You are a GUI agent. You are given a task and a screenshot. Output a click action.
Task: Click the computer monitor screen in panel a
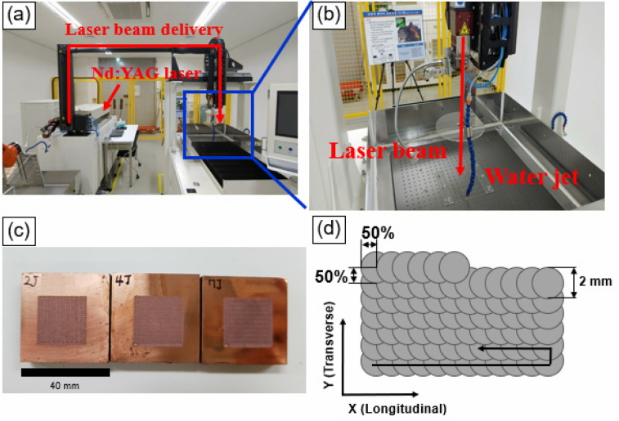(287, 114)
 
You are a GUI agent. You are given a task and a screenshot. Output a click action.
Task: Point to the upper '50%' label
(377, 234)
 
